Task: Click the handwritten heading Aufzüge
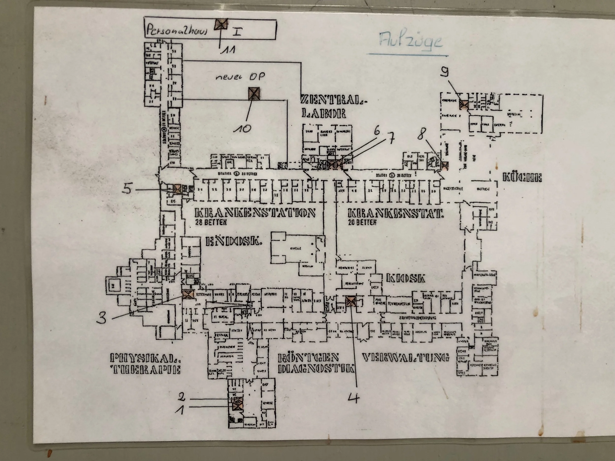pos(410,41)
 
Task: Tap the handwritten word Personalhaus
pos(177,30)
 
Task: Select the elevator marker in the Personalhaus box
pos(221,24)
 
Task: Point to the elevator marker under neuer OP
pos(254,93)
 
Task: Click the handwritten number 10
pos(242,128)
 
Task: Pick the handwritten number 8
pos(421,135)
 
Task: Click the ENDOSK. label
pos(234,241)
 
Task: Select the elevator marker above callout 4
pos(351,301)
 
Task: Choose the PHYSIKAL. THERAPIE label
pos(145,364)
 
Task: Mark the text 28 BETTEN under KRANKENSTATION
pos(211,222)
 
